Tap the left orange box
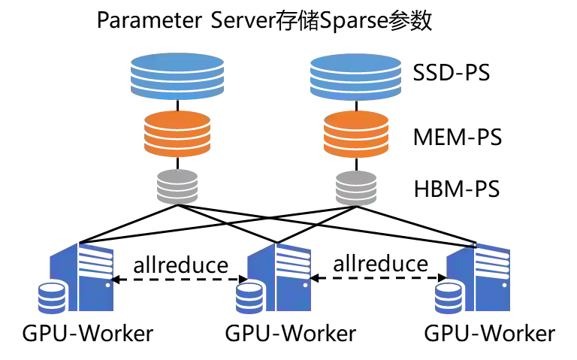point(177,134)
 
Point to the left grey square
point(177,186)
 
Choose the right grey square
point(355,186)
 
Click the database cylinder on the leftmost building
point(52,298)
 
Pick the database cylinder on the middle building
point(250,298)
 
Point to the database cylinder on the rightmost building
point(449,298)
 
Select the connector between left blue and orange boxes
point(177,104)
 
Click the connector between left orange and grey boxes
point(177,163)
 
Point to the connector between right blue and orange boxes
point(355,104)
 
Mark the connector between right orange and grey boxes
point(355,163)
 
